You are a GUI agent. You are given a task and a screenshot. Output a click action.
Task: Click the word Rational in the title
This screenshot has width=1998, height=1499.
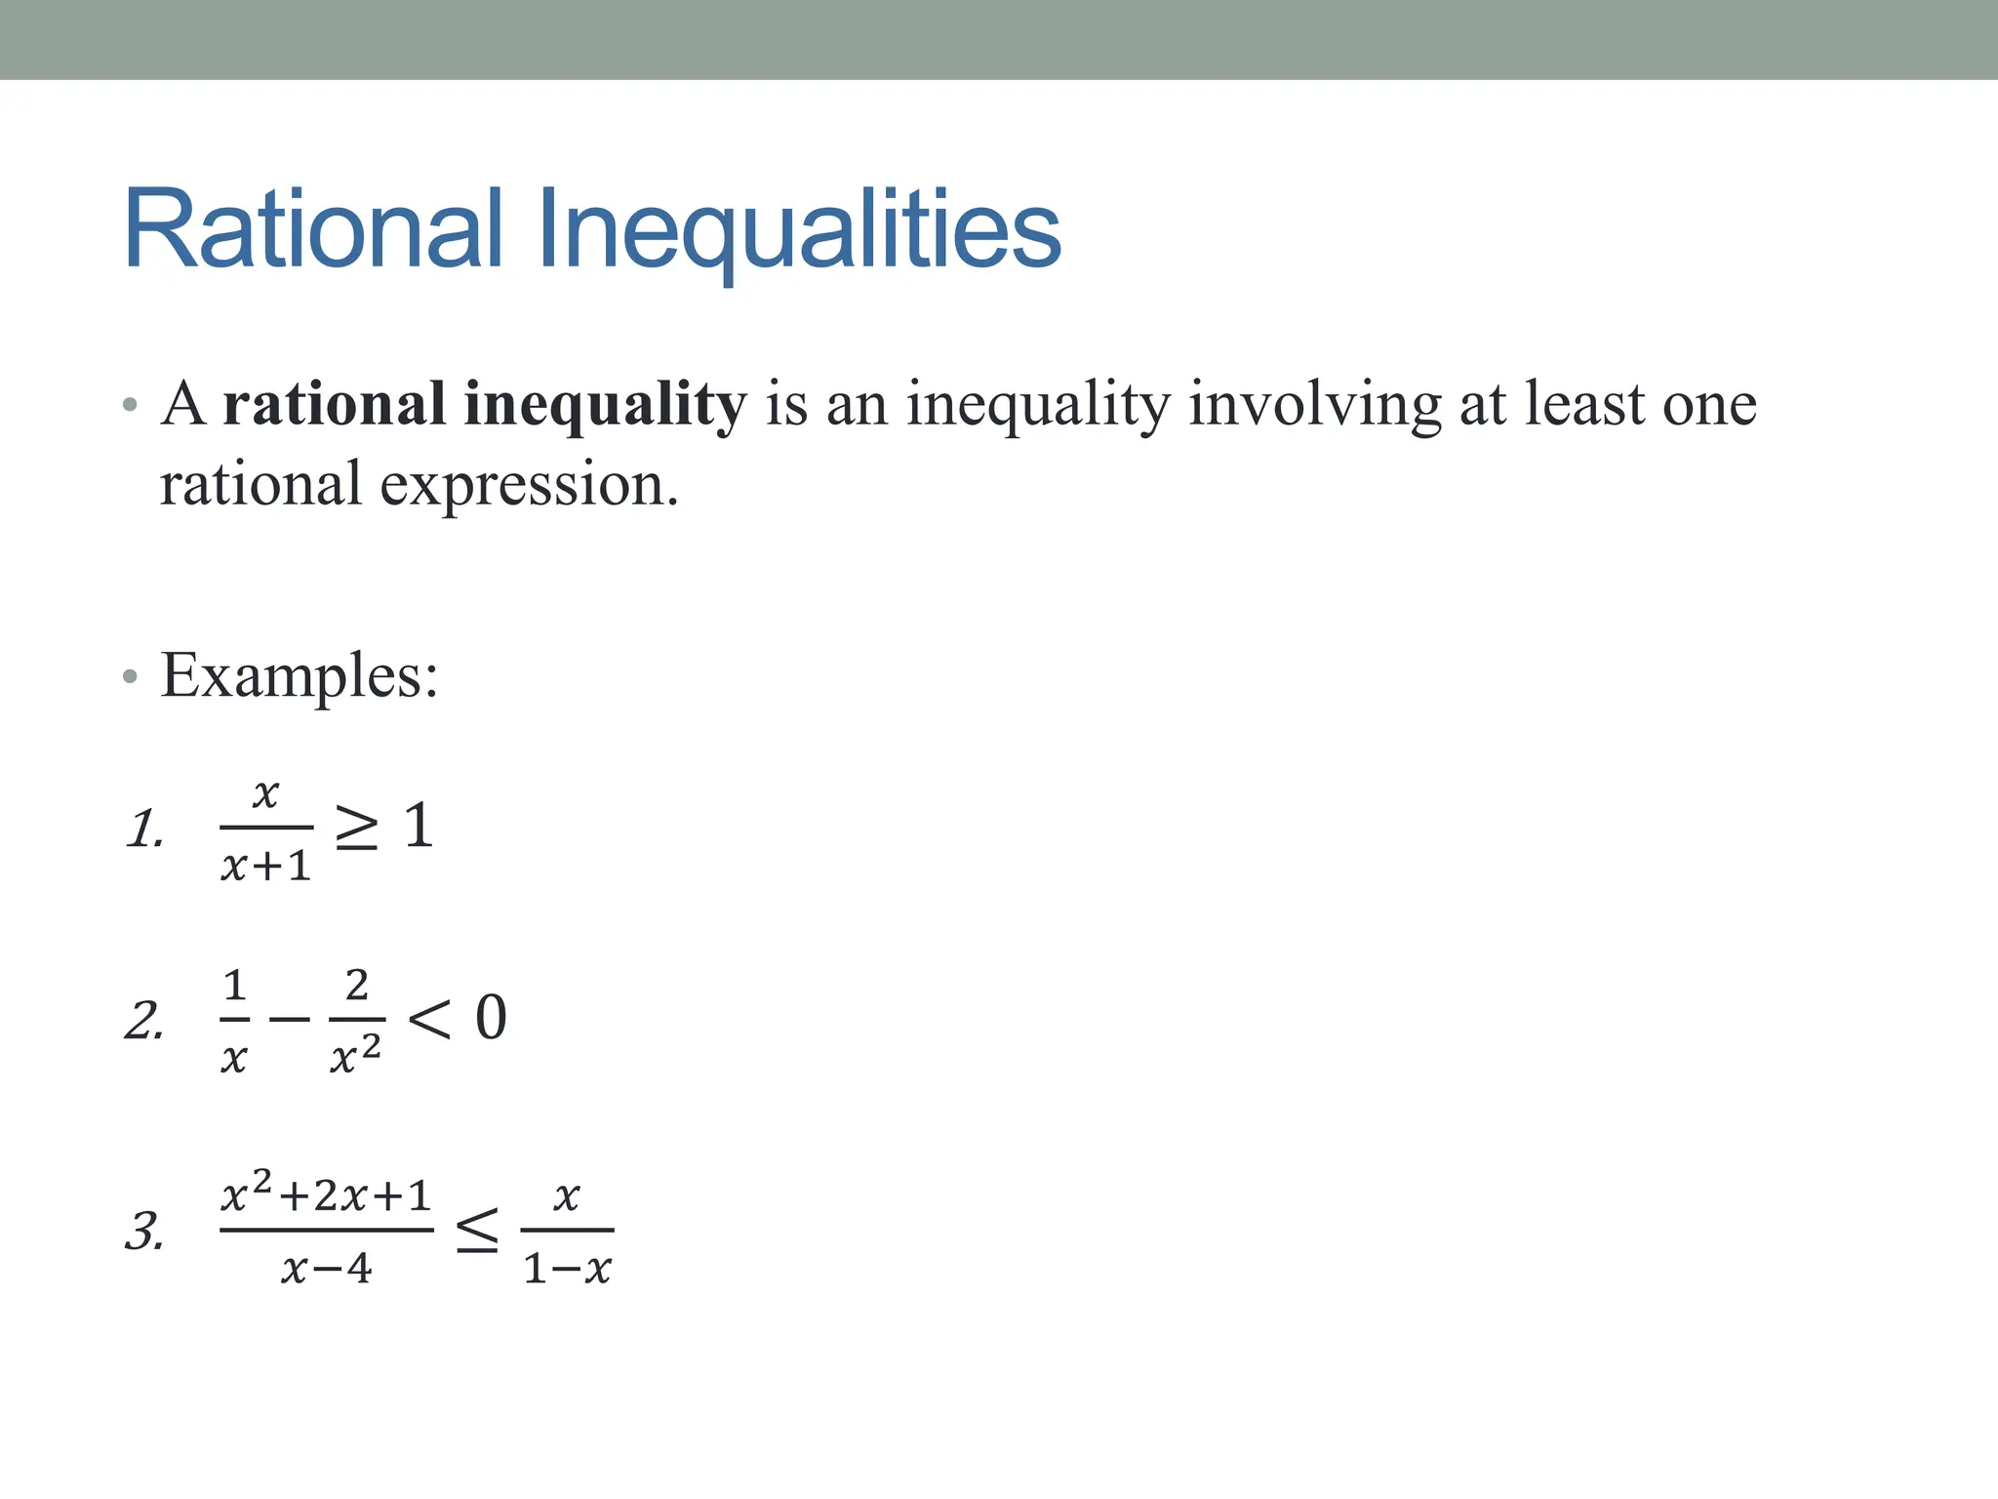[313, 229]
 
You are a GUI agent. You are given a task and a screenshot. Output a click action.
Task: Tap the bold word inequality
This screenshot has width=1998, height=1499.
[605, 404]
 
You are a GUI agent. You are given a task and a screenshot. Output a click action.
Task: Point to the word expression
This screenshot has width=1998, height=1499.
[528, 484]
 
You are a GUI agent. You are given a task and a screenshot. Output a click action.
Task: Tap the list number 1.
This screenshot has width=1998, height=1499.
[144, 829]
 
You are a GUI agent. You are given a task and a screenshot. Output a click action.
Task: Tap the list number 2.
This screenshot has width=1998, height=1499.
[144, 1021]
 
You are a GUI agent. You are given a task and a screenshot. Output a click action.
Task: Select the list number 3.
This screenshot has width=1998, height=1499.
[144, 1231]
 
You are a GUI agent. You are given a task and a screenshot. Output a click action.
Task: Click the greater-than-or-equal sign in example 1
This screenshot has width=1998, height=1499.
[356, 827]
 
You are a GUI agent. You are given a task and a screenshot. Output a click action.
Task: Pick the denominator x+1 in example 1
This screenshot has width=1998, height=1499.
[265, 866]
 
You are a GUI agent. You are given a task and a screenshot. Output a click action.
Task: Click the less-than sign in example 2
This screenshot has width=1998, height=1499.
[429, 1020]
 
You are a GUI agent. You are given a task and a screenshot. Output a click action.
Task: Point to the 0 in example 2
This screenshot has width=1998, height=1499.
[491, 1018]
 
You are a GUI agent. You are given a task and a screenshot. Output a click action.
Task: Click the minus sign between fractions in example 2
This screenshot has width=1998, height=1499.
[289, 1020]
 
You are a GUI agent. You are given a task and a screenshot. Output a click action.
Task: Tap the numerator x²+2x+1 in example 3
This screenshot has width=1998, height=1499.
[326, 1195]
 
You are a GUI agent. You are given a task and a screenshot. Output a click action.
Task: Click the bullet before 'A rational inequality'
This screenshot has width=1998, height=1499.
[131, 405]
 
